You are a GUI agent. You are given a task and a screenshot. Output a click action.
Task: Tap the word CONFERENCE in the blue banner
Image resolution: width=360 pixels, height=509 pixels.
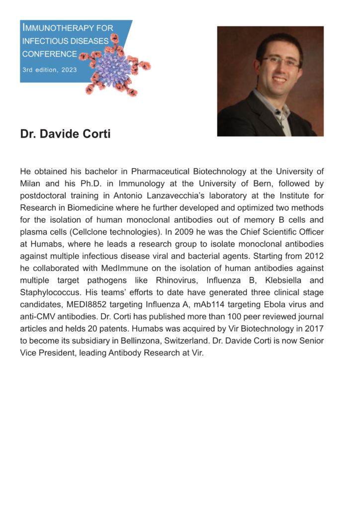point(49,54)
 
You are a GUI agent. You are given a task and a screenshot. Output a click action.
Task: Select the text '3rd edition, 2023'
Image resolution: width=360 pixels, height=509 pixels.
point(49,70)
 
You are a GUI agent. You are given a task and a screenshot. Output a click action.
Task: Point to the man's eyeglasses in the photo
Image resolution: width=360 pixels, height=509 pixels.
point(281,62)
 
